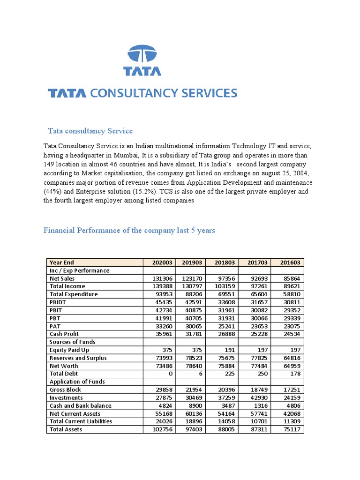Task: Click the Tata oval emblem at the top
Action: pos(142,54)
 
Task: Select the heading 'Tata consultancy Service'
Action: pos(90,131)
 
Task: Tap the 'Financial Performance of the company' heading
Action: pos(129,231)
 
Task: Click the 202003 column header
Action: pos(159,262)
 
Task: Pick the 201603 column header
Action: pos(287,262)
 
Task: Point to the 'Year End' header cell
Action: pos(62,262)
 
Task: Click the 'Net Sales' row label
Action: pos(62,278)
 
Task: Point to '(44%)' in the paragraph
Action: pos(52,192)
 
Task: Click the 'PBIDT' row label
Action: pos(59,302)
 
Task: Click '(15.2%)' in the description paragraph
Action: pos(144,192)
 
